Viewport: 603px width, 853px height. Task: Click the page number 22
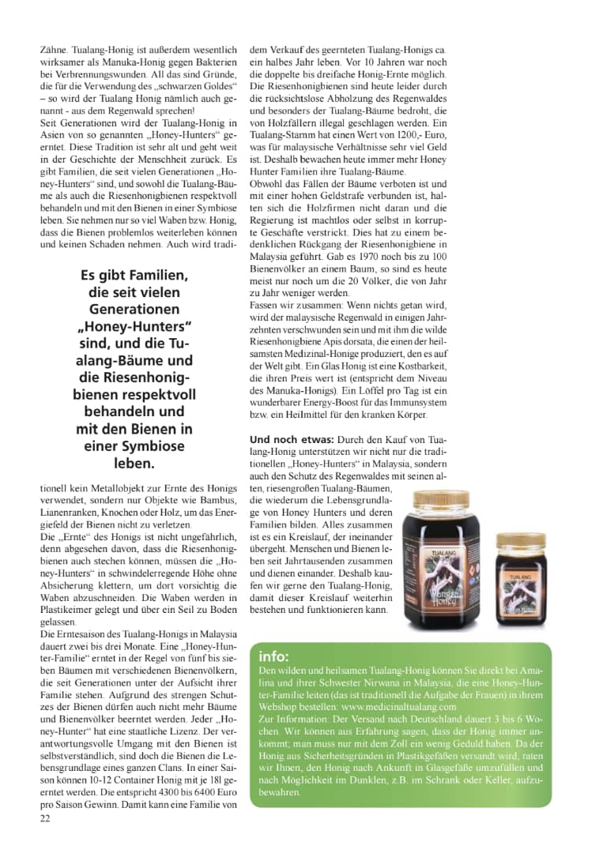coord(44,819)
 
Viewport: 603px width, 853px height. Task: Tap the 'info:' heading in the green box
coord(274,656)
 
